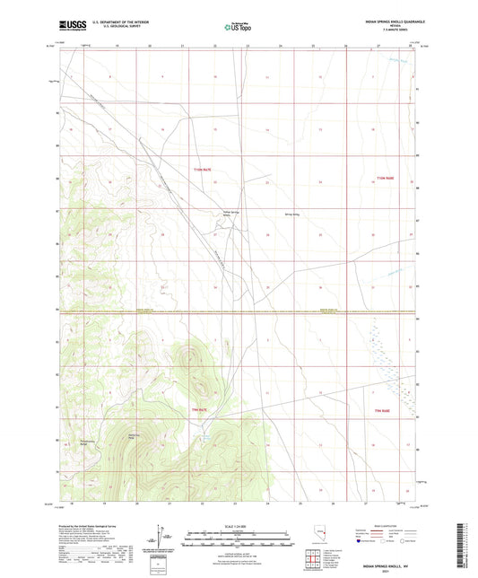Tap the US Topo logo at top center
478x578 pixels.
237,27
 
